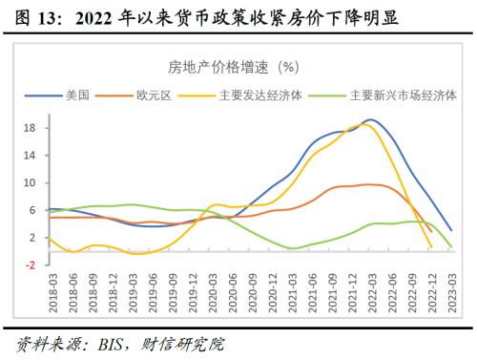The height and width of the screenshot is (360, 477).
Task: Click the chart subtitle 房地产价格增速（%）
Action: point(234,67)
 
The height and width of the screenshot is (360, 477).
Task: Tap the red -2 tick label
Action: point(30,265)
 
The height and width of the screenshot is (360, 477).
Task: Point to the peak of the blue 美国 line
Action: point(370,119)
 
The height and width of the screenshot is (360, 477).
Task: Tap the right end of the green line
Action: point(450,247)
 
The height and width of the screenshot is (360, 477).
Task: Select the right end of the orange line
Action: point(431,231)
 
